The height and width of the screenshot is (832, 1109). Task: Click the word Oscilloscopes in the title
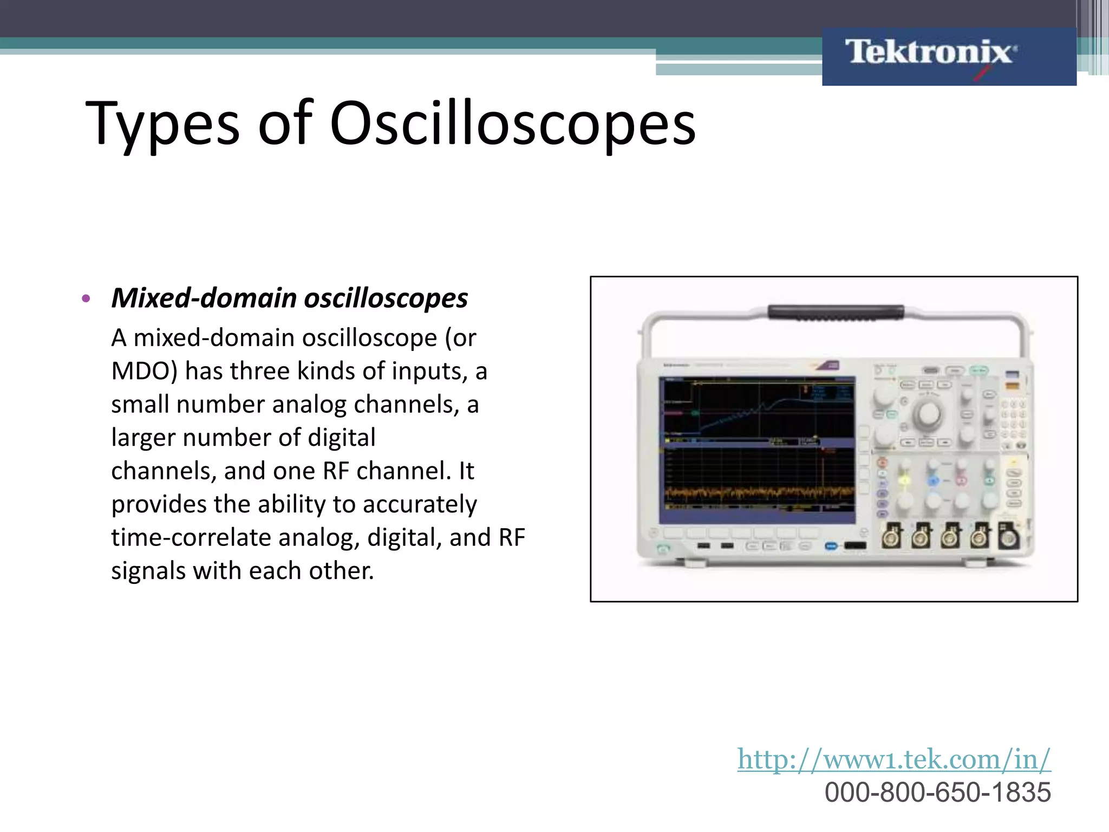[512, 125]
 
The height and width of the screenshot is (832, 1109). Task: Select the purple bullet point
[86, 298]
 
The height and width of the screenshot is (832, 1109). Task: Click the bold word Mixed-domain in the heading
[204, 298]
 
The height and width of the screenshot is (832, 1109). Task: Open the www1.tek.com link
[893, 759]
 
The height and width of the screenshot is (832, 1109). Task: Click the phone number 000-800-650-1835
[937, 792]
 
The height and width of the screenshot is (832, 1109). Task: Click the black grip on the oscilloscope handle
[836, 313]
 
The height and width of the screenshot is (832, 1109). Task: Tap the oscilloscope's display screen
[756, 450]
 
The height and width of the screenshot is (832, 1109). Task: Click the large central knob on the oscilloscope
[927, 414]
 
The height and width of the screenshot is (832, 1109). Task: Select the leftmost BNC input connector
[891, 537]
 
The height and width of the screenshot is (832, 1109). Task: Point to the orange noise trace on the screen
[758, 493]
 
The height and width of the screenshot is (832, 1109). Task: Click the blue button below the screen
[831, 545]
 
